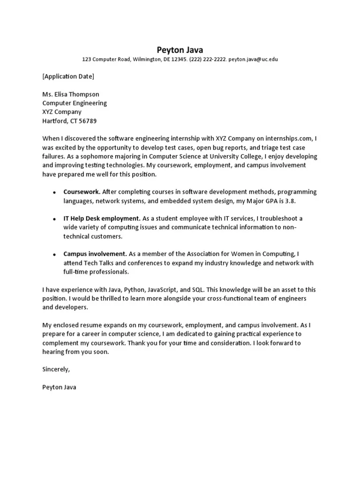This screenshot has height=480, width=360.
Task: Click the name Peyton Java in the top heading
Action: click(180, 50)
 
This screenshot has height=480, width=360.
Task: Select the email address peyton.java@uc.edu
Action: click(253, 60)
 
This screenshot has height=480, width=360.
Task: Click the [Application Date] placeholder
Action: click(68, 76)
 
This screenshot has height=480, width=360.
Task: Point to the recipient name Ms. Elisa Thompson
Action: click(71, 94)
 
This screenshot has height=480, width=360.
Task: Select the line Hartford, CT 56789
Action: click(69, 121)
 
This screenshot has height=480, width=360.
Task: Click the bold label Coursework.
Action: click(82, 192)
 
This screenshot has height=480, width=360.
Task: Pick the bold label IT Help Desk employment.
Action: click(102, 218)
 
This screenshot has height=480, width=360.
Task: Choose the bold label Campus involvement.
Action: click(95, 254)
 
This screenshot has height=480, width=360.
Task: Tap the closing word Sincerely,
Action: click(56, 369)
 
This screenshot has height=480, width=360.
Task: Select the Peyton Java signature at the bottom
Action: click(59, 387)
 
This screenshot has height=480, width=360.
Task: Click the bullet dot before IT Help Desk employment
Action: click(54, 219)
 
